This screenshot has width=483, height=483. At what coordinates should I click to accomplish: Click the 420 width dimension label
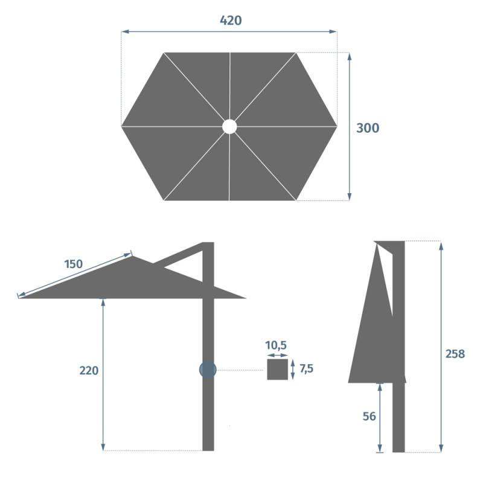231,21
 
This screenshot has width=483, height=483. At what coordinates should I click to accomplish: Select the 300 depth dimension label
368,128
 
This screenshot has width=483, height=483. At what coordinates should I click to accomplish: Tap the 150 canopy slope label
74,264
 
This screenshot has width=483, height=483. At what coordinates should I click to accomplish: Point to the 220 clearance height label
89,371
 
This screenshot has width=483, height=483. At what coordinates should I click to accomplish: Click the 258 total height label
455,354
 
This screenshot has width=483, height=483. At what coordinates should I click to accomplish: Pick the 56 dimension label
369,417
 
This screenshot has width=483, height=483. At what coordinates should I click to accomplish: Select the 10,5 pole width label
276,345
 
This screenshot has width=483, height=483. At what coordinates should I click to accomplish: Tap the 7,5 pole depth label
307,369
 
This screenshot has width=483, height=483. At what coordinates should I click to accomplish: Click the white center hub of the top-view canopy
229,126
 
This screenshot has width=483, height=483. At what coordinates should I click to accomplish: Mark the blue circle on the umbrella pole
208,370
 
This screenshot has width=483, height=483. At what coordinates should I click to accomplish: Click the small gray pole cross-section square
278,369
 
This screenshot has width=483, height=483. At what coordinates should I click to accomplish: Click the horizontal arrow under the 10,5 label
278,356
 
